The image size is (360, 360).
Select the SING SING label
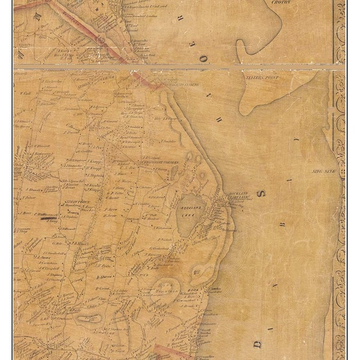tap(322, 172)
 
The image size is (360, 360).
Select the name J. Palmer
tap(28, 197)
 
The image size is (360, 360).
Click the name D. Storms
tap(106, 277)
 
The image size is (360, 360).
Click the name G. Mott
tap(58, 244)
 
